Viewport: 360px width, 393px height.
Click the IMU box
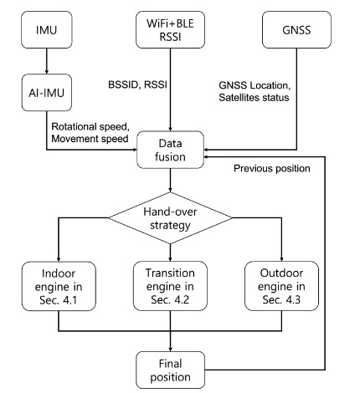coord(47,29)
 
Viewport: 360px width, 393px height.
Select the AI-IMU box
coord(47,93)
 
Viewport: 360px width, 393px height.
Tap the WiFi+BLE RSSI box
coord(170,29)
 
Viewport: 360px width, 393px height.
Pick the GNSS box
coord(296,29)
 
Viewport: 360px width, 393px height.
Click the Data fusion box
coord(170,150)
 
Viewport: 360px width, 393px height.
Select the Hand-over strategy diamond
coord(170,218)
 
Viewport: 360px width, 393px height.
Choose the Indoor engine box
coord(59,286)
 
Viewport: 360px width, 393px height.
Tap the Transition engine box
coord(170,286)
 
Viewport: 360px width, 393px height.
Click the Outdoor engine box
coord(281,286)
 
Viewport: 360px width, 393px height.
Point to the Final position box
coord(170,370)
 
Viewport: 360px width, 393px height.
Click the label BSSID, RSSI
coord(137,84)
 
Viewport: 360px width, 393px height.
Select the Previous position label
coord(272,168)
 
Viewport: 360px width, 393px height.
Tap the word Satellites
coord(236,97)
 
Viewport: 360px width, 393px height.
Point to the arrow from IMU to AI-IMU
coord(47,61)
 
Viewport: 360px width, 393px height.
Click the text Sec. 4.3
coord(281,299)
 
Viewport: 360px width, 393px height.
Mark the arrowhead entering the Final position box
coord(170,350)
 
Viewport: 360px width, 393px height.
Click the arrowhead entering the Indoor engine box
coord(59,259)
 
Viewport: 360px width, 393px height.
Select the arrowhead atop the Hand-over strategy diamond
coord(170,190)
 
